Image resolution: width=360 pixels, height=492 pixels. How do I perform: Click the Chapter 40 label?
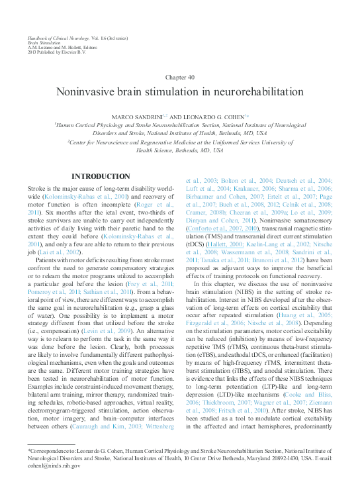click(179, 77)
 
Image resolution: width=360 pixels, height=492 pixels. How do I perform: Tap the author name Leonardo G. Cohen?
click(210, 117)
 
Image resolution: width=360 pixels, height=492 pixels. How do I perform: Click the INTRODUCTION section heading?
click(100, 176)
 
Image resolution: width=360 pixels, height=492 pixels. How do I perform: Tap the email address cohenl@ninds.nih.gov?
click(54, 466)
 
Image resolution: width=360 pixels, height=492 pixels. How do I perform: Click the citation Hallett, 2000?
click(223, 244)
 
